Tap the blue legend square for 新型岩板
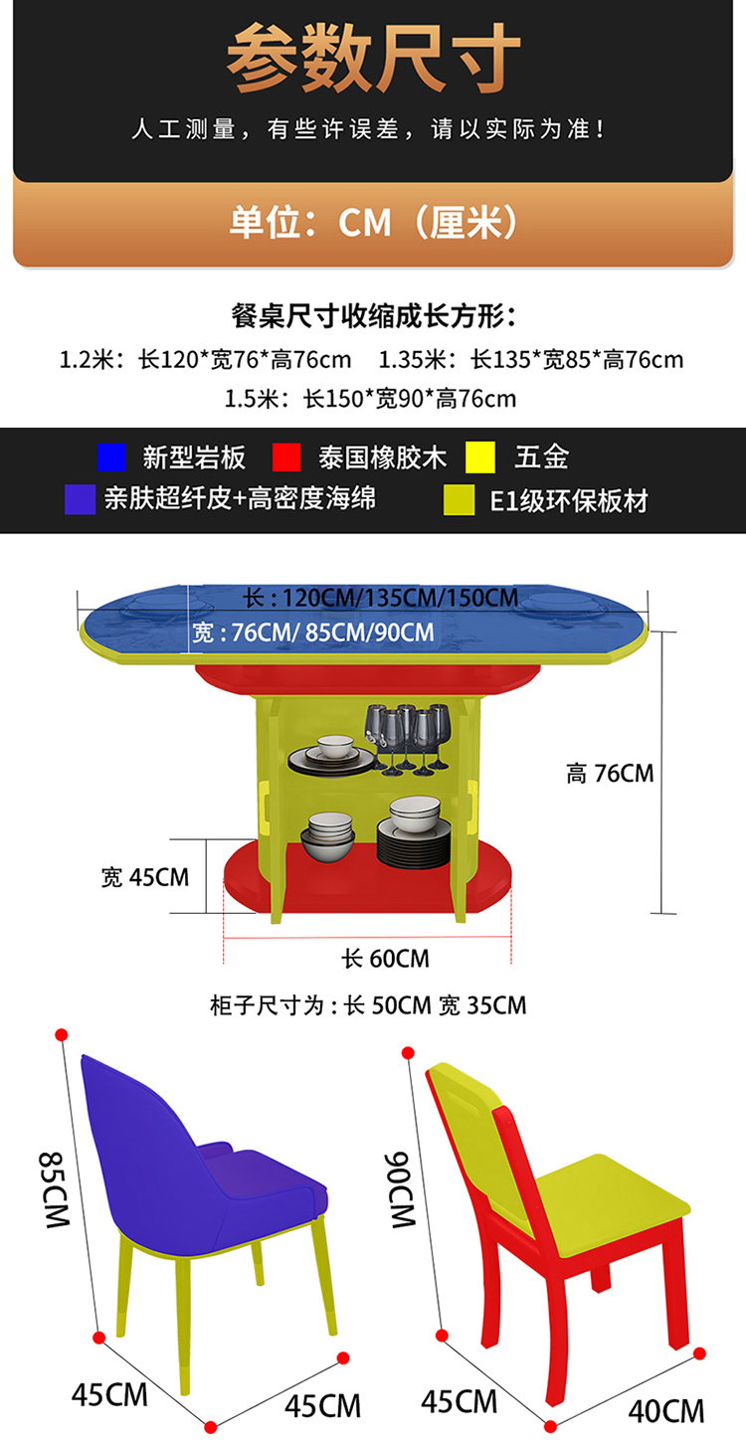[111, 457]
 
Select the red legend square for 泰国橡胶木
[286, 457]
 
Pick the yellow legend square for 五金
[480, 457]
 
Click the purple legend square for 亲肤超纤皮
[80, 498]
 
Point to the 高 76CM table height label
[610, 773]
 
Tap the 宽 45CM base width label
[145, 877]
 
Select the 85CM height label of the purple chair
[54, 1189]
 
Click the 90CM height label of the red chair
[400, 1189]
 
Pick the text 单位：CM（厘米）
[373, 222]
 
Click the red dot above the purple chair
[61, 1033]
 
